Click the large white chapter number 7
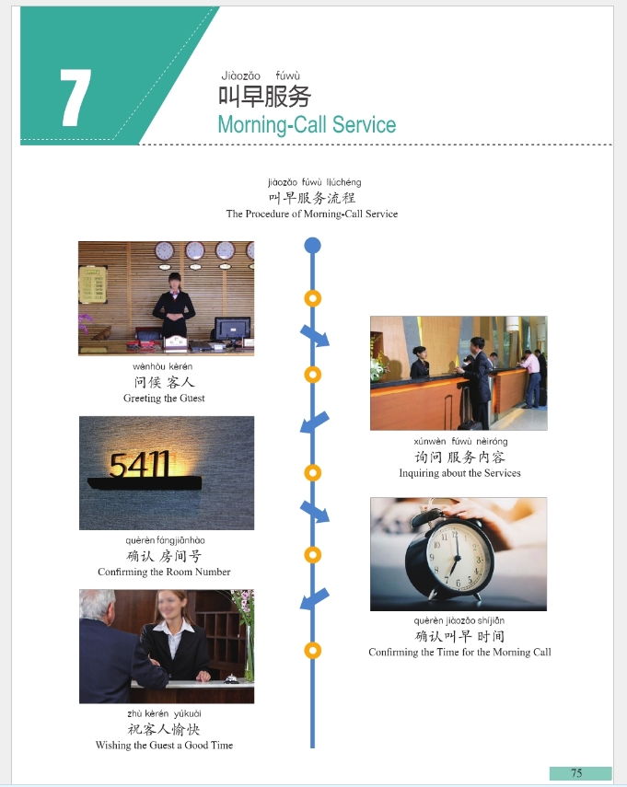(x=75, y=98)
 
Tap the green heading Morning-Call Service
(x=307, y=125)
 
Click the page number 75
(x=576, y=773)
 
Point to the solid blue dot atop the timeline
(x=312, y=246)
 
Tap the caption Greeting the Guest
(x=164, y=398)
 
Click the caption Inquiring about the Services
(x=459, y=473)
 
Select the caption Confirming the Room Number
(x=164, y=572)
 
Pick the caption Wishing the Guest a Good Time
(x=164, y=745)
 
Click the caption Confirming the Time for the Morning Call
(x=459, y=652)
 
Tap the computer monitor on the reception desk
(x=232, y=329)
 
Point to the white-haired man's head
(x=98, y=605)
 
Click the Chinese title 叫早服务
(x=264, y=97)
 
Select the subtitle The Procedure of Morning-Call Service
(x=312, y=214)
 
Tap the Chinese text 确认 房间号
(x=164, y=556)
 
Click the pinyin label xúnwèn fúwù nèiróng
(x=460, y=442)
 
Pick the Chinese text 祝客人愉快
(x=164, y=729)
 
